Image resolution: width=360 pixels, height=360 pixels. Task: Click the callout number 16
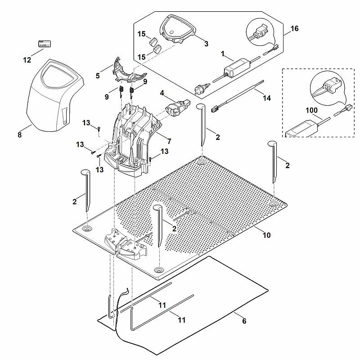[x=294, y=28]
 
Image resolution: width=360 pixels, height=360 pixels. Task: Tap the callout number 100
[x=311, y=110]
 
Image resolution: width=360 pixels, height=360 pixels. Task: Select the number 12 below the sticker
[x=27, y=60]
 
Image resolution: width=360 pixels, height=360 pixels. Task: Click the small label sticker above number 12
[x=44, y=44]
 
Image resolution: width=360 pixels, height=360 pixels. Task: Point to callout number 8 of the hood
[x=19, y=135]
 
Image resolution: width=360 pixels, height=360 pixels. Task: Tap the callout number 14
[x=267, y=98]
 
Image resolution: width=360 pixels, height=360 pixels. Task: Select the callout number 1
[x=222, y=54]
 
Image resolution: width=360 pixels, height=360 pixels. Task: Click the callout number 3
[x=206, y=44]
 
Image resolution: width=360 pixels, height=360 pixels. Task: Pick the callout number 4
[x=162, y=93]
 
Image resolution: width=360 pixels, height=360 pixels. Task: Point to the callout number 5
[x=98, y=76]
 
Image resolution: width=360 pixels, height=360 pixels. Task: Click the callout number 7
[x=169, y=141]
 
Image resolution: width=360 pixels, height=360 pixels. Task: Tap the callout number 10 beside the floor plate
[x=266, y=235]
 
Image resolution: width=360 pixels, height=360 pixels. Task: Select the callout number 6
[x=244, y=321]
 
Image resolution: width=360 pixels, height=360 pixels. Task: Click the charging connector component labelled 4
[x=177, y=108]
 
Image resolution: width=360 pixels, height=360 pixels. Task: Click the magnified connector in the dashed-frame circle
[x=331, y=86]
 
